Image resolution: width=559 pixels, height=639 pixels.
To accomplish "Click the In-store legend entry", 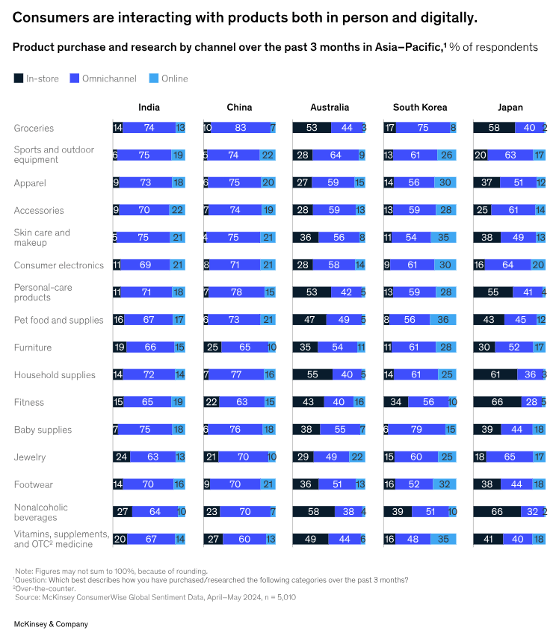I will point(37,78).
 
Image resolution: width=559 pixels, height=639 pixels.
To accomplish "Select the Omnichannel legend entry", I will point(99,78).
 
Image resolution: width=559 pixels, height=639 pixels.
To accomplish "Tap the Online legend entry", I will point(167,78).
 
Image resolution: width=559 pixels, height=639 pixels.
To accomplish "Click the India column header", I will point(149,107).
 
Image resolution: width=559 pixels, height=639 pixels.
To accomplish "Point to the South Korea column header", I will point(419,107).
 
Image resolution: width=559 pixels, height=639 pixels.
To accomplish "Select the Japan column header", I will point(510,107).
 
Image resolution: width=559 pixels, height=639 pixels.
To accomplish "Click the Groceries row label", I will point(34,128).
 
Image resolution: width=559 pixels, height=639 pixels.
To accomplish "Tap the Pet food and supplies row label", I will point(58,320).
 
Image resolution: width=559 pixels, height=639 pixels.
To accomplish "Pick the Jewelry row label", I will point(29,457).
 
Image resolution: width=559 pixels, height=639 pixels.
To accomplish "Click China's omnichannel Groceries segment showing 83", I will point(240,128).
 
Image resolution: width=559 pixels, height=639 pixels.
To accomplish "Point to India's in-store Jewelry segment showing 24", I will point(121,457).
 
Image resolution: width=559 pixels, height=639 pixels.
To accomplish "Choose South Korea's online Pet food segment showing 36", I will point(444,320).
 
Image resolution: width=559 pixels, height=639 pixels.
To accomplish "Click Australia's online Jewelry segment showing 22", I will point(357,457).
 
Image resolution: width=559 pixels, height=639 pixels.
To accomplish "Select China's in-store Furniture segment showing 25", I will point(212,348).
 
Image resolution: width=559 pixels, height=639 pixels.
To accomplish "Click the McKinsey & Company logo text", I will point(51,623).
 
